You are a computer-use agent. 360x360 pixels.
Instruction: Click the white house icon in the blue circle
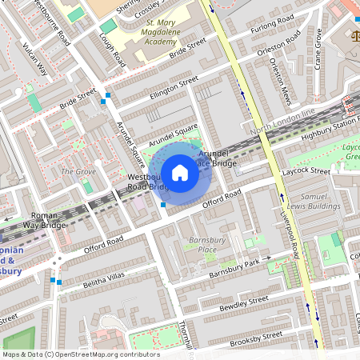click(180, 171)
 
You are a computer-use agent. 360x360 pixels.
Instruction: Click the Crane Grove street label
click(318, 49)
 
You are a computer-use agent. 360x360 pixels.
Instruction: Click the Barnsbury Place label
click(202, 245)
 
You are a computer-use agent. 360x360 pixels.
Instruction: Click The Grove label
click(78, 172)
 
